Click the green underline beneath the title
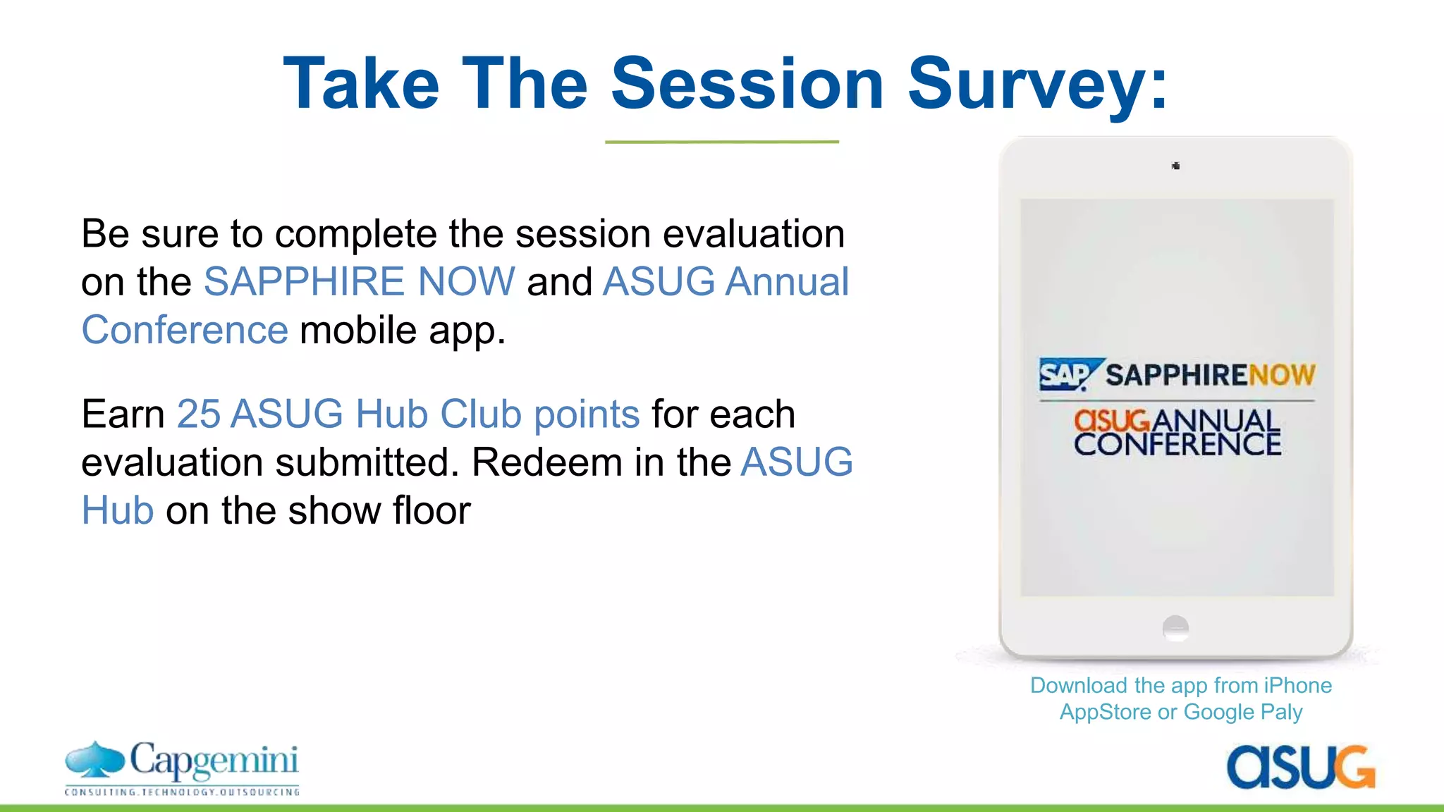(x=722, y=142)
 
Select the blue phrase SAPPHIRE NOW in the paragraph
(x=360, y=281)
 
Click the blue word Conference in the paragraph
(x=185, y=330)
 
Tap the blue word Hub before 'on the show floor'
(x=118, y=510)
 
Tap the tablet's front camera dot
(x=1175, y=166)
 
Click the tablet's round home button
(x=1175, y=627)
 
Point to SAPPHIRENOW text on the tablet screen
(x=1210, y=375)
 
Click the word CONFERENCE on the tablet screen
(x=1177, y=444)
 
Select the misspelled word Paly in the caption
(x=1281, y=712)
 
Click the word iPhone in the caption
(x=1298, y=685)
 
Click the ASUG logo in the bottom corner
(x=1301, y=767)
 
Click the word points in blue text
(x=587, y=414)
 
